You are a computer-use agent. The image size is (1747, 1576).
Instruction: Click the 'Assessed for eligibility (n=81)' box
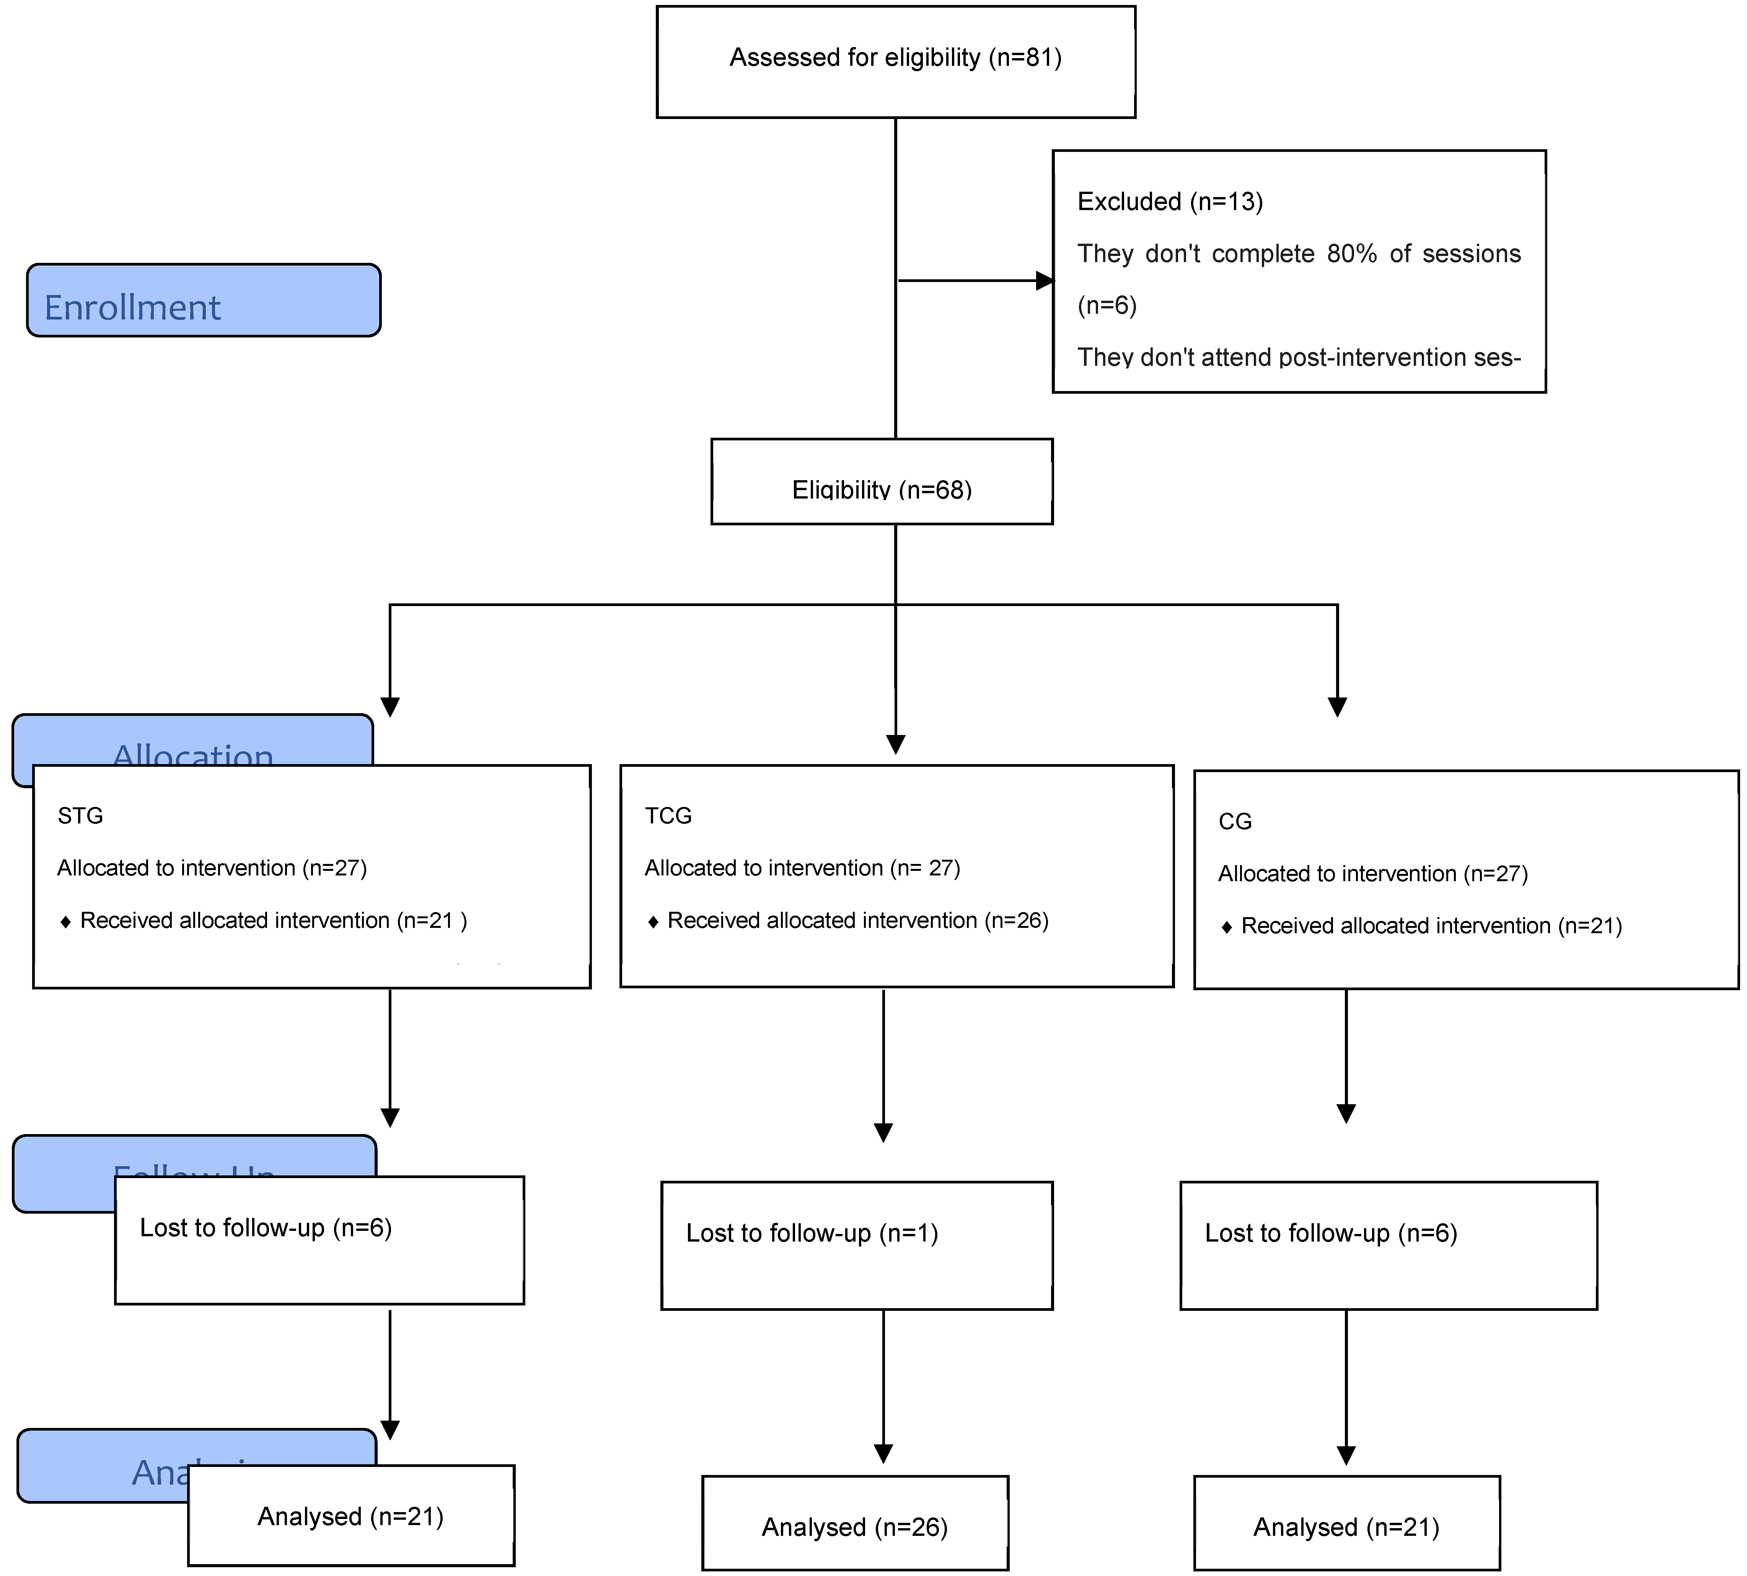click(895, 60)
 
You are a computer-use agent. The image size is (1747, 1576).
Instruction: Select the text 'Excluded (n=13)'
click(1170, 202)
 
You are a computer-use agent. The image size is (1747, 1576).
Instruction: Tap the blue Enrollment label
click(204, 300)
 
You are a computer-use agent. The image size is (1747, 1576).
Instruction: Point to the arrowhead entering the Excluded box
click(1045, 280)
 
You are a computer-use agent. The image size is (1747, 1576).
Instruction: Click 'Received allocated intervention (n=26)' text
click(857, 921)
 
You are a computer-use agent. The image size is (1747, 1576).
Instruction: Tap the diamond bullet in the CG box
click(1226, 927)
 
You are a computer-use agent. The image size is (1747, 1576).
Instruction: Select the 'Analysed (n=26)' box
click(854, 1527)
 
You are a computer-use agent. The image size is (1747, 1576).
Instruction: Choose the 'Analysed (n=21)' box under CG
click(1346, 1527)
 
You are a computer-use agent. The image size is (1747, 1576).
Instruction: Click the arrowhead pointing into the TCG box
click(895, 744)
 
